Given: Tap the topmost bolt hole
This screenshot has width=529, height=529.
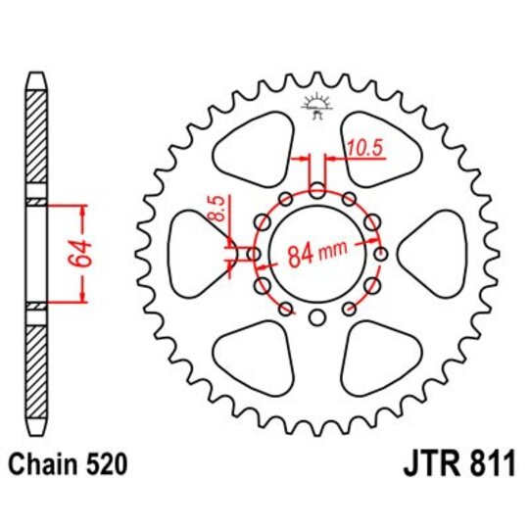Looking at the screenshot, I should tap(316, 189).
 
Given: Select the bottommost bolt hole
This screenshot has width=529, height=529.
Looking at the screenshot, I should tap(316, 317).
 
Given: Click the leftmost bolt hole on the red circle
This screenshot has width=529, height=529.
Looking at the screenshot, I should tap(253, 254).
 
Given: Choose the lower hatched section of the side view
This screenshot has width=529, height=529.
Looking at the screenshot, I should tap(36, 370).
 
